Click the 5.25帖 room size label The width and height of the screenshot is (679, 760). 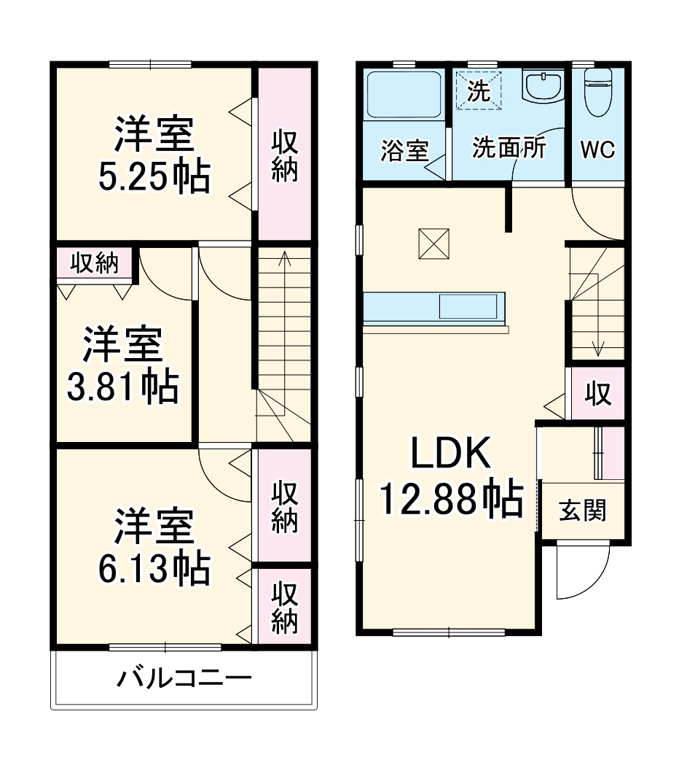(x=154, y=176)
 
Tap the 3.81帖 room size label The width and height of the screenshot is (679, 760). (x=122, y=387)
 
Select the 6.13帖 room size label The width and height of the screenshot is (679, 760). (x=154, y=569)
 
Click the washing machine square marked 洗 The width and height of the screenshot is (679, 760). (x=479, y=90)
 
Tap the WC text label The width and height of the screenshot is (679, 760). (x=597, y=150)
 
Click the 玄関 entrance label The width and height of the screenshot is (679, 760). (x=582, y=511)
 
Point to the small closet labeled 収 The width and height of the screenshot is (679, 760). (x=597, y=394)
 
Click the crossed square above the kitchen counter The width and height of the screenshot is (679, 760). (x=434, y=243)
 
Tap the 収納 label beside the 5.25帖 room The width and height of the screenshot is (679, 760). (x=284, y=155)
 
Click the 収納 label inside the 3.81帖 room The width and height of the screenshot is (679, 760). (x=94, y=264)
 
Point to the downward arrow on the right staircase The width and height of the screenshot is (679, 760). (x=597, y=349)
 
